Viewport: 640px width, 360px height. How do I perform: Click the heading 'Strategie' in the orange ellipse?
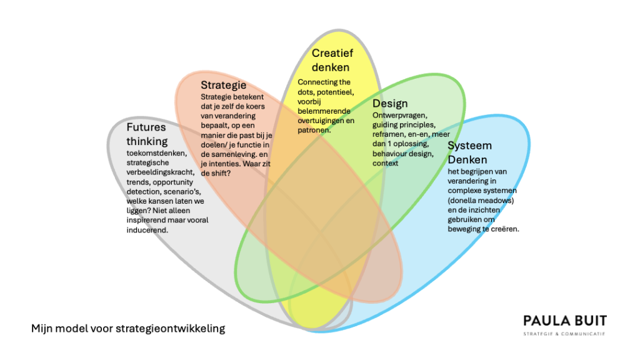[223, 85]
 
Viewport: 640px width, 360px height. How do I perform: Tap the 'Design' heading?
[390, 104]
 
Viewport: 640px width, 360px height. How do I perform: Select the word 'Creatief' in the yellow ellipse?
[333, 54]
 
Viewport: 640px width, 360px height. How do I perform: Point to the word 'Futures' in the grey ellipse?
[146, 128]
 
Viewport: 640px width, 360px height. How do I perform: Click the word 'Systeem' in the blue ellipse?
[469, 146]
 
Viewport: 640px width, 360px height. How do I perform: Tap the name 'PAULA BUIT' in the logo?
[565, 321]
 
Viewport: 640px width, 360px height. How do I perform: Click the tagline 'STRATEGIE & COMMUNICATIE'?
[565, 334]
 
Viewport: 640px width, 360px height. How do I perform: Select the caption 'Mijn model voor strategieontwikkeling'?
[128, 327]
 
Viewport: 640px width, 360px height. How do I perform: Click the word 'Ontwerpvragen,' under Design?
[397, 116]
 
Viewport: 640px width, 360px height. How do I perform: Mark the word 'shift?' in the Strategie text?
[224, 173]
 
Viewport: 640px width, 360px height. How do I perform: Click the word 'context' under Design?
[385, 163]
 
